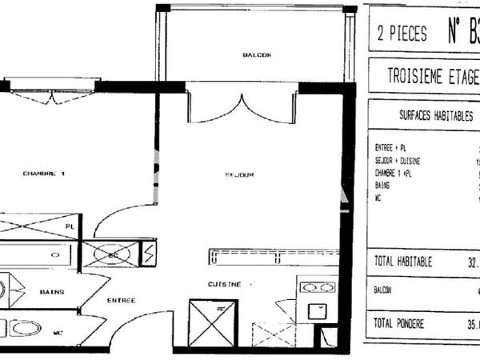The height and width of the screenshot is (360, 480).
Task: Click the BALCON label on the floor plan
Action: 257,55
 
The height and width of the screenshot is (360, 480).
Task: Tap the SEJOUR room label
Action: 240,174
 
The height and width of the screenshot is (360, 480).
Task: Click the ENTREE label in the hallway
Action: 121,300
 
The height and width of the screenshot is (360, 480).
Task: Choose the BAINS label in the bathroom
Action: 52,292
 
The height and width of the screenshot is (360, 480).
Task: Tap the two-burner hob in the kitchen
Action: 318,287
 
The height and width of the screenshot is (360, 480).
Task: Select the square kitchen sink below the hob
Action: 318,311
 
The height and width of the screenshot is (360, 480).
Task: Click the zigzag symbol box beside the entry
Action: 149,254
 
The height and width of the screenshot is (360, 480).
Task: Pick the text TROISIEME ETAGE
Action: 433,78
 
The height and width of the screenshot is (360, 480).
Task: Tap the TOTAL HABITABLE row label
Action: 403,261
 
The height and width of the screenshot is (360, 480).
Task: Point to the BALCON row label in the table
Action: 383,291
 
